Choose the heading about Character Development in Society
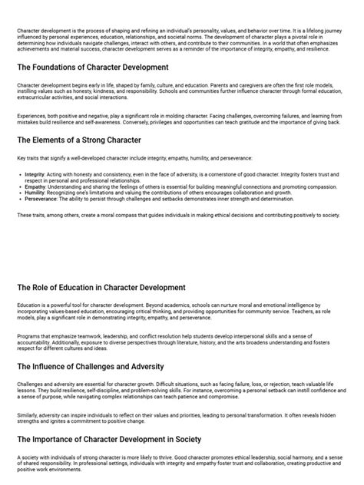point(109,439)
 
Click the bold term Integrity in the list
point(34,174)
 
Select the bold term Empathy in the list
point(35,185)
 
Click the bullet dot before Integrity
point(19,174)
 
